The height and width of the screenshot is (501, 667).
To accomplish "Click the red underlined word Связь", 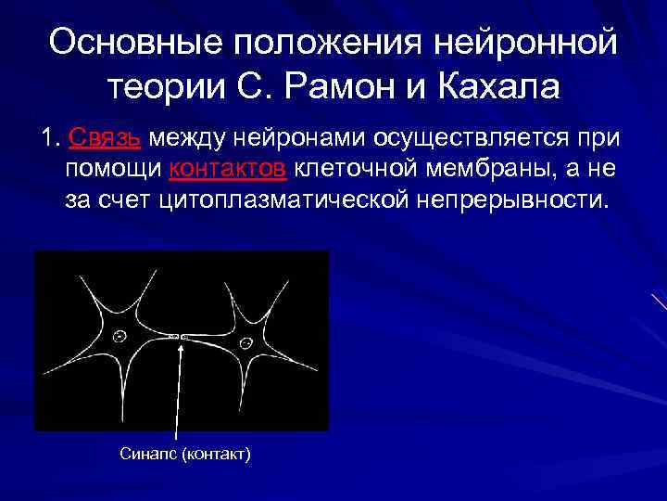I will [105, 139].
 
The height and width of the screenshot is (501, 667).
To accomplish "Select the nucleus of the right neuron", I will [247, 341].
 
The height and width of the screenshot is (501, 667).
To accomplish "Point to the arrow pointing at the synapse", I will [178, 390].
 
